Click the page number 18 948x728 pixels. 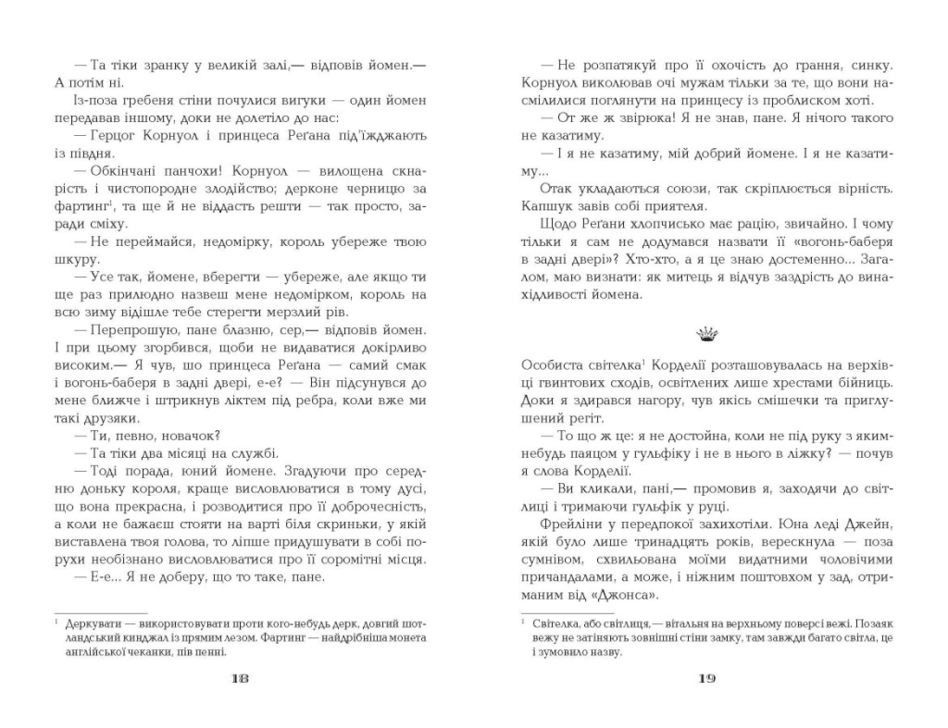tap(239, 677)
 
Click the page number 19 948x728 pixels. tap(706, 677)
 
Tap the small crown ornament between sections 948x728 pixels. tap(706, 330)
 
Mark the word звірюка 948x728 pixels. tap(634, 117)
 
